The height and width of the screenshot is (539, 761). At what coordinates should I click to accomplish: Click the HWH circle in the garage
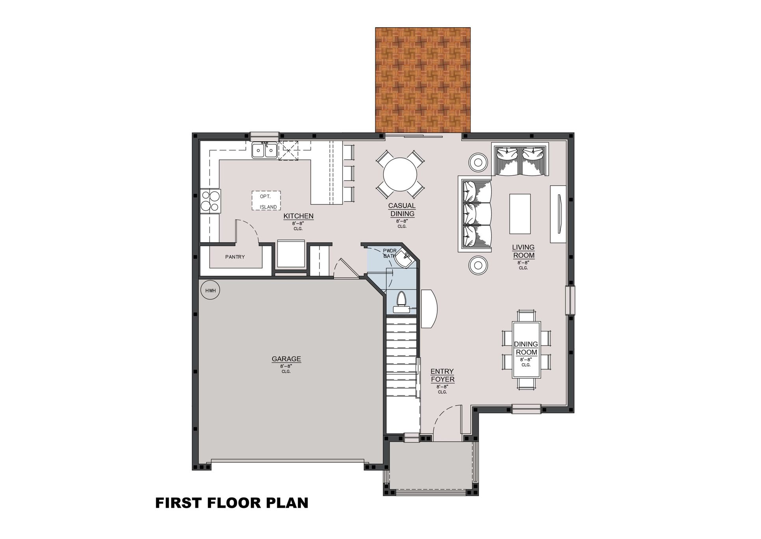(210, 291)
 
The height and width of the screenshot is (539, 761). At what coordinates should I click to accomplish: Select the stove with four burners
(210, 201)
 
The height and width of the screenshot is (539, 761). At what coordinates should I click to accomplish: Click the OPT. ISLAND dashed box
(267, 201)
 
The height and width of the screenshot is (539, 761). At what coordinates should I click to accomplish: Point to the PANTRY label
(235, 257)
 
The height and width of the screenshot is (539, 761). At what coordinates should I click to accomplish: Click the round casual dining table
(400, 174)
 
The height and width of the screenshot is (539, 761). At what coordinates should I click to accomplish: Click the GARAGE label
(286, 359)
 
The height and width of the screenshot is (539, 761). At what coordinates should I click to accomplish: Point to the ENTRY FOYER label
(442, 375)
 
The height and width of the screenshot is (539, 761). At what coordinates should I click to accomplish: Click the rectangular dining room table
(526, 350)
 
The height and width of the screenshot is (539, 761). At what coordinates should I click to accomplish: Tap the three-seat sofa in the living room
(476, 214)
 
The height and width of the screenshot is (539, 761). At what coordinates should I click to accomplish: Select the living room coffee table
(520, 214)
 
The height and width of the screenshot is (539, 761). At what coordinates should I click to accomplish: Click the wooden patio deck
(423, 80)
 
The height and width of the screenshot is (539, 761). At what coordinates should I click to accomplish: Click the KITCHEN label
(299, 216)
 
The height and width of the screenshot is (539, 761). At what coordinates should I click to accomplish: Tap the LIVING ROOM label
(523, 251)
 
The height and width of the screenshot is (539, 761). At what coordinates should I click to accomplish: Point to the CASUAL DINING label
(402, 210)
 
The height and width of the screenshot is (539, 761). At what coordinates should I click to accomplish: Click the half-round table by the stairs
(429, 309)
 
